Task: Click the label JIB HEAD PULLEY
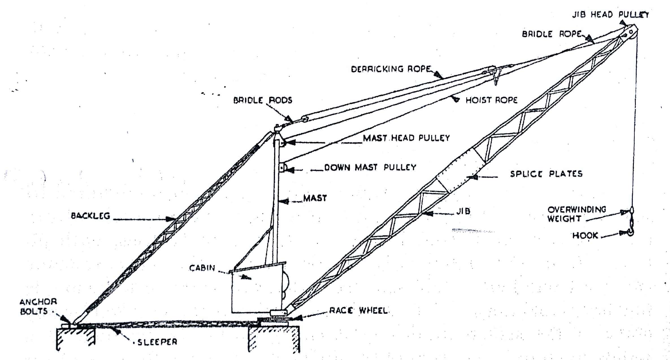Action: pos(610,14)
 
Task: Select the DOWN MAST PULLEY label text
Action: pos(370,167)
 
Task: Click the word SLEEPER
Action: pos(157,342)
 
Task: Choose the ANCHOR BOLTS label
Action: pos(38,307)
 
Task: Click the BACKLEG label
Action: pos(90,216)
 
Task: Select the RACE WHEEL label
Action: pos(358,311)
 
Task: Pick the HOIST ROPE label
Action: pos(491,100)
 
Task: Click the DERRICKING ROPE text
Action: pos(391,69)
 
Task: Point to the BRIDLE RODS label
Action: pos(263,100)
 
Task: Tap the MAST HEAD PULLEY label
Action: pos(406,138)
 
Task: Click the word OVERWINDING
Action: pos(577,210)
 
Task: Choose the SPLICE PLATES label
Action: pos(546,174)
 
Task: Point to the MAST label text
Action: pos(315,198)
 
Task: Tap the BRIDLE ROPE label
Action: pos(552,34)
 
